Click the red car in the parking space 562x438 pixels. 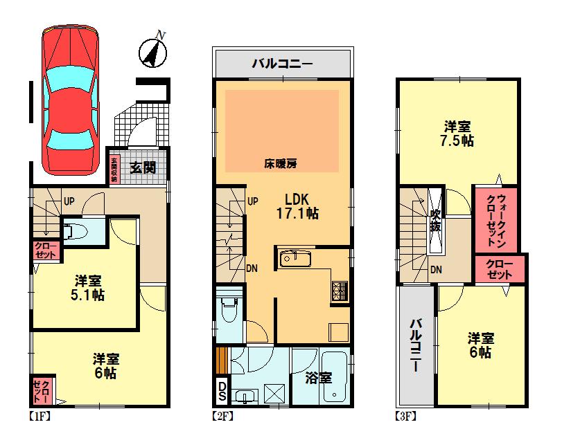pos(70,101)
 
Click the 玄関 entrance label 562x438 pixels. pos(143,167)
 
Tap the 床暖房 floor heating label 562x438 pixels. pos(281,164)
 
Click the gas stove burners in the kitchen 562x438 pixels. pos(340,289)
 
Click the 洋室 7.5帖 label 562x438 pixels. pos(458,133)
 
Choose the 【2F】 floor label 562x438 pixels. pos(222,417)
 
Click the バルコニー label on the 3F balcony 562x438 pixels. pos(416,345)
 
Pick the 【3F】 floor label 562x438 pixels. pos(405,417)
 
